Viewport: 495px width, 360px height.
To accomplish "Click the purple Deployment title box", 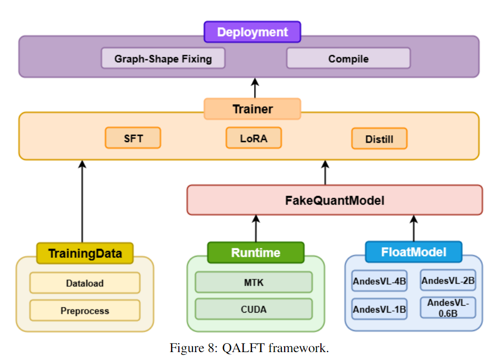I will point(252,32).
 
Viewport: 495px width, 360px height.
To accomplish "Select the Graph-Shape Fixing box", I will point(163,58).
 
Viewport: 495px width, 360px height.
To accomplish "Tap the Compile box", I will point(348,58).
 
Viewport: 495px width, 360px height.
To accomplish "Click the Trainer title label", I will point(252,109).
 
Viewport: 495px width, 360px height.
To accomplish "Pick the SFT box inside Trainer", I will point(133,139).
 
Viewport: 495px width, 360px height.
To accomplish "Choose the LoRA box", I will point(254,138).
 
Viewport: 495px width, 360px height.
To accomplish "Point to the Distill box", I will point(379,139).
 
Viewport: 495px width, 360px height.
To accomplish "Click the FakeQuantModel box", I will point(335,200).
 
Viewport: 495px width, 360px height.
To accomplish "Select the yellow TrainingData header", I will point(85,253).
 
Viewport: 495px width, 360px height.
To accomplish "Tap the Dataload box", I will point(85,283).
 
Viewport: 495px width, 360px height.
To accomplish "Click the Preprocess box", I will point(85,311).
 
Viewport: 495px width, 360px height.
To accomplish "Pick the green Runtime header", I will point(256,253).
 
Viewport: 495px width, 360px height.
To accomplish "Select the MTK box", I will point(254,283).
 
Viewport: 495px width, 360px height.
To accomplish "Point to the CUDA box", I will point(254,309).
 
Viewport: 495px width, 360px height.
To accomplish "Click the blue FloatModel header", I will point(413,252).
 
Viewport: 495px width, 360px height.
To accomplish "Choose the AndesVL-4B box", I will point(379,281).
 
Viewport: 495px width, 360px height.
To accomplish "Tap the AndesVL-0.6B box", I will point(448,307).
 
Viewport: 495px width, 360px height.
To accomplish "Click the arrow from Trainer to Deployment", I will point(255,88).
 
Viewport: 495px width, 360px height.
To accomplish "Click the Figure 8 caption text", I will point(249,348).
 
